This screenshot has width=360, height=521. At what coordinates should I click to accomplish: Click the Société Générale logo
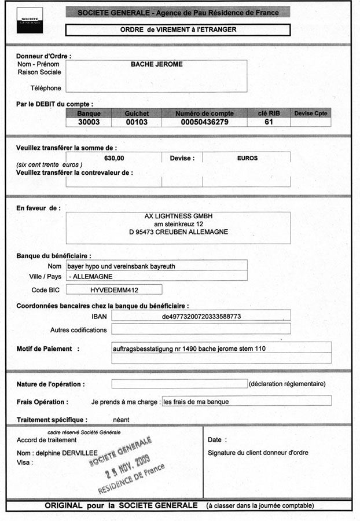[29, 20]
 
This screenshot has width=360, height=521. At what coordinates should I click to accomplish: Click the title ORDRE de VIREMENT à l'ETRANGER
[178, 29]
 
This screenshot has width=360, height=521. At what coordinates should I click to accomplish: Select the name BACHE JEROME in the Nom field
[157, 64]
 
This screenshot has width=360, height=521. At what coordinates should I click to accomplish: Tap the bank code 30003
[89, 122]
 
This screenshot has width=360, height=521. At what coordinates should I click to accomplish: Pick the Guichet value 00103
[137, 122]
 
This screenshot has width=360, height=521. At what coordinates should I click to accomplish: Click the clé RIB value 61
[269, 122]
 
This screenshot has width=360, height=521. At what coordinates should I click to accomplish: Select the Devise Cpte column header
[310, 113]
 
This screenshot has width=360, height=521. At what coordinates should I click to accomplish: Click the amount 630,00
[114, 157]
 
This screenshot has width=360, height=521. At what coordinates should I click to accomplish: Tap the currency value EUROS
[247, 157]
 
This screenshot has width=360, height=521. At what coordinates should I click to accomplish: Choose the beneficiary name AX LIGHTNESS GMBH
[178, 216]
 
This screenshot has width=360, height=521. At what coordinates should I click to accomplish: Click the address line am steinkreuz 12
[178, 224]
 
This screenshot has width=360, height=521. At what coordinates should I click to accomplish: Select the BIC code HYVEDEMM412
[113, 289]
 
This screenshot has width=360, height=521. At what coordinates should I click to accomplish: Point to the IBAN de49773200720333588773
[201, 316]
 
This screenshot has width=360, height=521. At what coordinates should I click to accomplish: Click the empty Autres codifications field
[200, 329]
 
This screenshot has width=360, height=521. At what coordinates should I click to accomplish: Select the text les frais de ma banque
[196, 401]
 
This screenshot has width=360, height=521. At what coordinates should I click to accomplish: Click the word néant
[121, 419]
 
